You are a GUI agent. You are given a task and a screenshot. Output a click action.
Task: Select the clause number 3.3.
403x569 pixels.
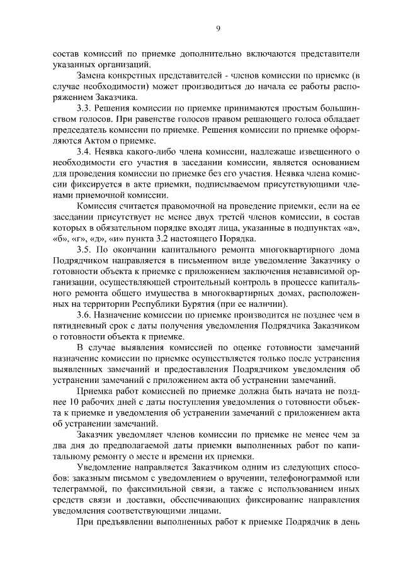coord(86,109)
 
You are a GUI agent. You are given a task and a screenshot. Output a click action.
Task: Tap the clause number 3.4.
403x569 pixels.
coord(86,152)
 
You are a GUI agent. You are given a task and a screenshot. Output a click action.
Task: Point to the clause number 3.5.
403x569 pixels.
coord(86,249)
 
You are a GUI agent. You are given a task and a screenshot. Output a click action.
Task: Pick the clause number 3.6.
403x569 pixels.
coord(86,314)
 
